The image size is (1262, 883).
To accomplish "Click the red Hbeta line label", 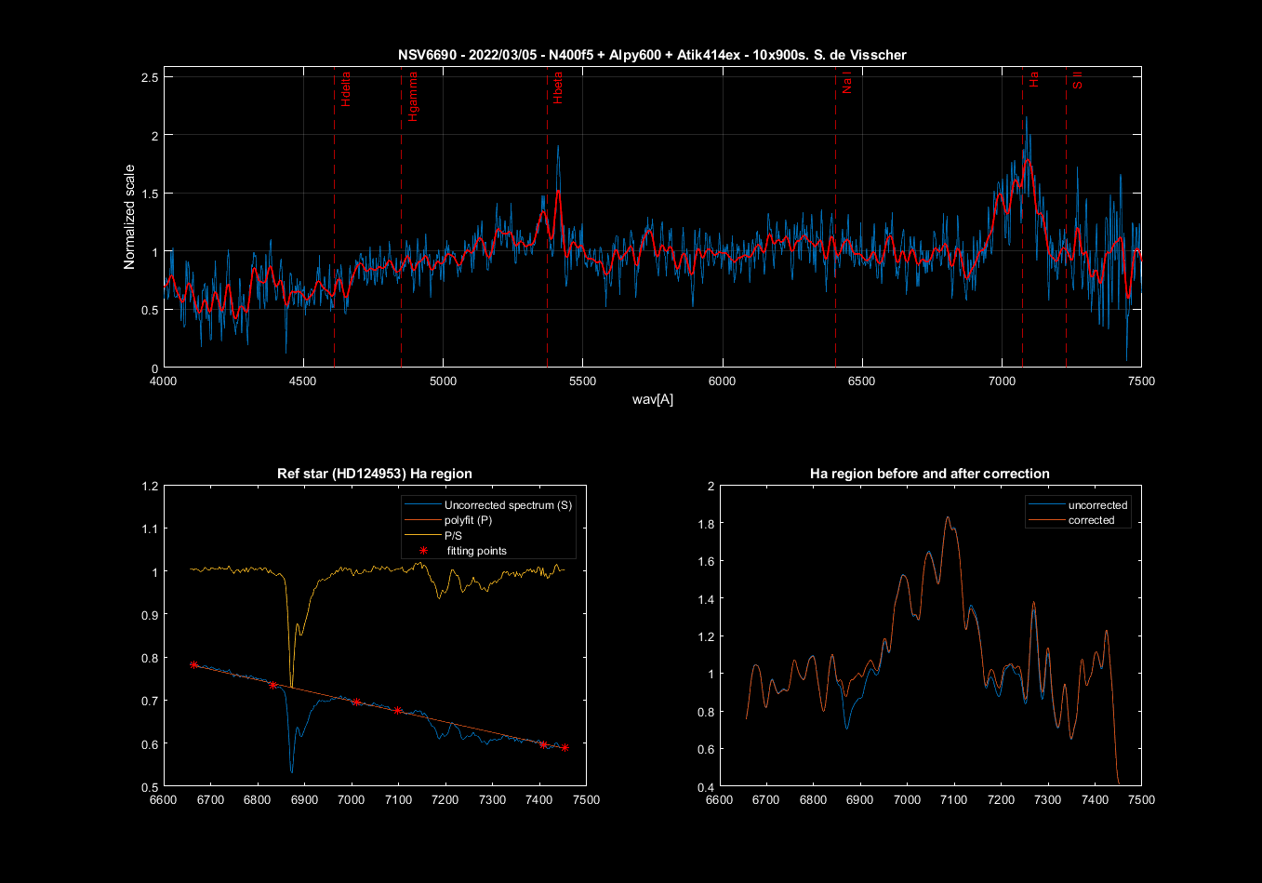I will (558, 89).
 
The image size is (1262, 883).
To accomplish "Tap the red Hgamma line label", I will (413, 97).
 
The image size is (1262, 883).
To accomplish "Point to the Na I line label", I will (846, 84).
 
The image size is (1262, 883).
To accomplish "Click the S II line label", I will (1078, 80).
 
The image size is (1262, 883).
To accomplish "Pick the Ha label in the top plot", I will (1034, 81).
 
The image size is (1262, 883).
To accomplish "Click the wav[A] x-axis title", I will (652, 399).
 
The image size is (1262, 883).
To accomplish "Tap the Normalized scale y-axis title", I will (130, 217).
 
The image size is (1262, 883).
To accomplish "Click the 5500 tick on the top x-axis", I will (582, 381).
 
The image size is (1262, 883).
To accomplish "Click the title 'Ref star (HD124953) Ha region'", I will (375, 474).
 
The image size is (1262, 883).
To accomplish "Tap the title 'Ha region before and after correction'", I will (930, 474).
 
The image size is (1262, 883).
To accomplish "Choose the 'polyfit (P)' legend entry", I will (468, 520).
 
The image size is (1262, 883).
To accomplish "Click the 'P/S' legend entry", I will (454, 535).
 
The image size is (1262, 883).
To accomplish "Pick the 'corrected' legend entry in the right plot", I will (1091, 520).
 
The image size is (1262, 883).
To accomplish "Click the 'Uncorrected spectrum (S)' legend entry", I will (508, 505).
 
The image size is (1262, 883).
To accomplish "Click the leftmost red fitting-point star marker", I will (193, 664).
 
